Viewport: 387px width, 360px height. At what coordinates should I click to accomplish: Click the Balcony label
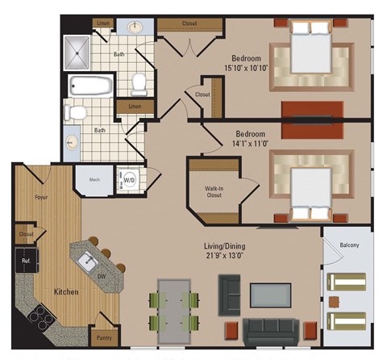pyautogui.click(x=350, y=245)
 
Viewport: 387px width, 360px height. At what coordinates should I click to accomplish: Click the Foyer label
pyautogui.click(x=40, y=196)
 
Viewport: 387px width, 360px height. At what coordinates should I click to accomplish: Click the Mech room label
pyautogui.click(x=94, y=180)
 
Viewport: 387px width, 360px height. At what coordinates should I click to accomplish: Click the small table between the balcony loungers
pyautogui.click(x=333, y=301)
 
